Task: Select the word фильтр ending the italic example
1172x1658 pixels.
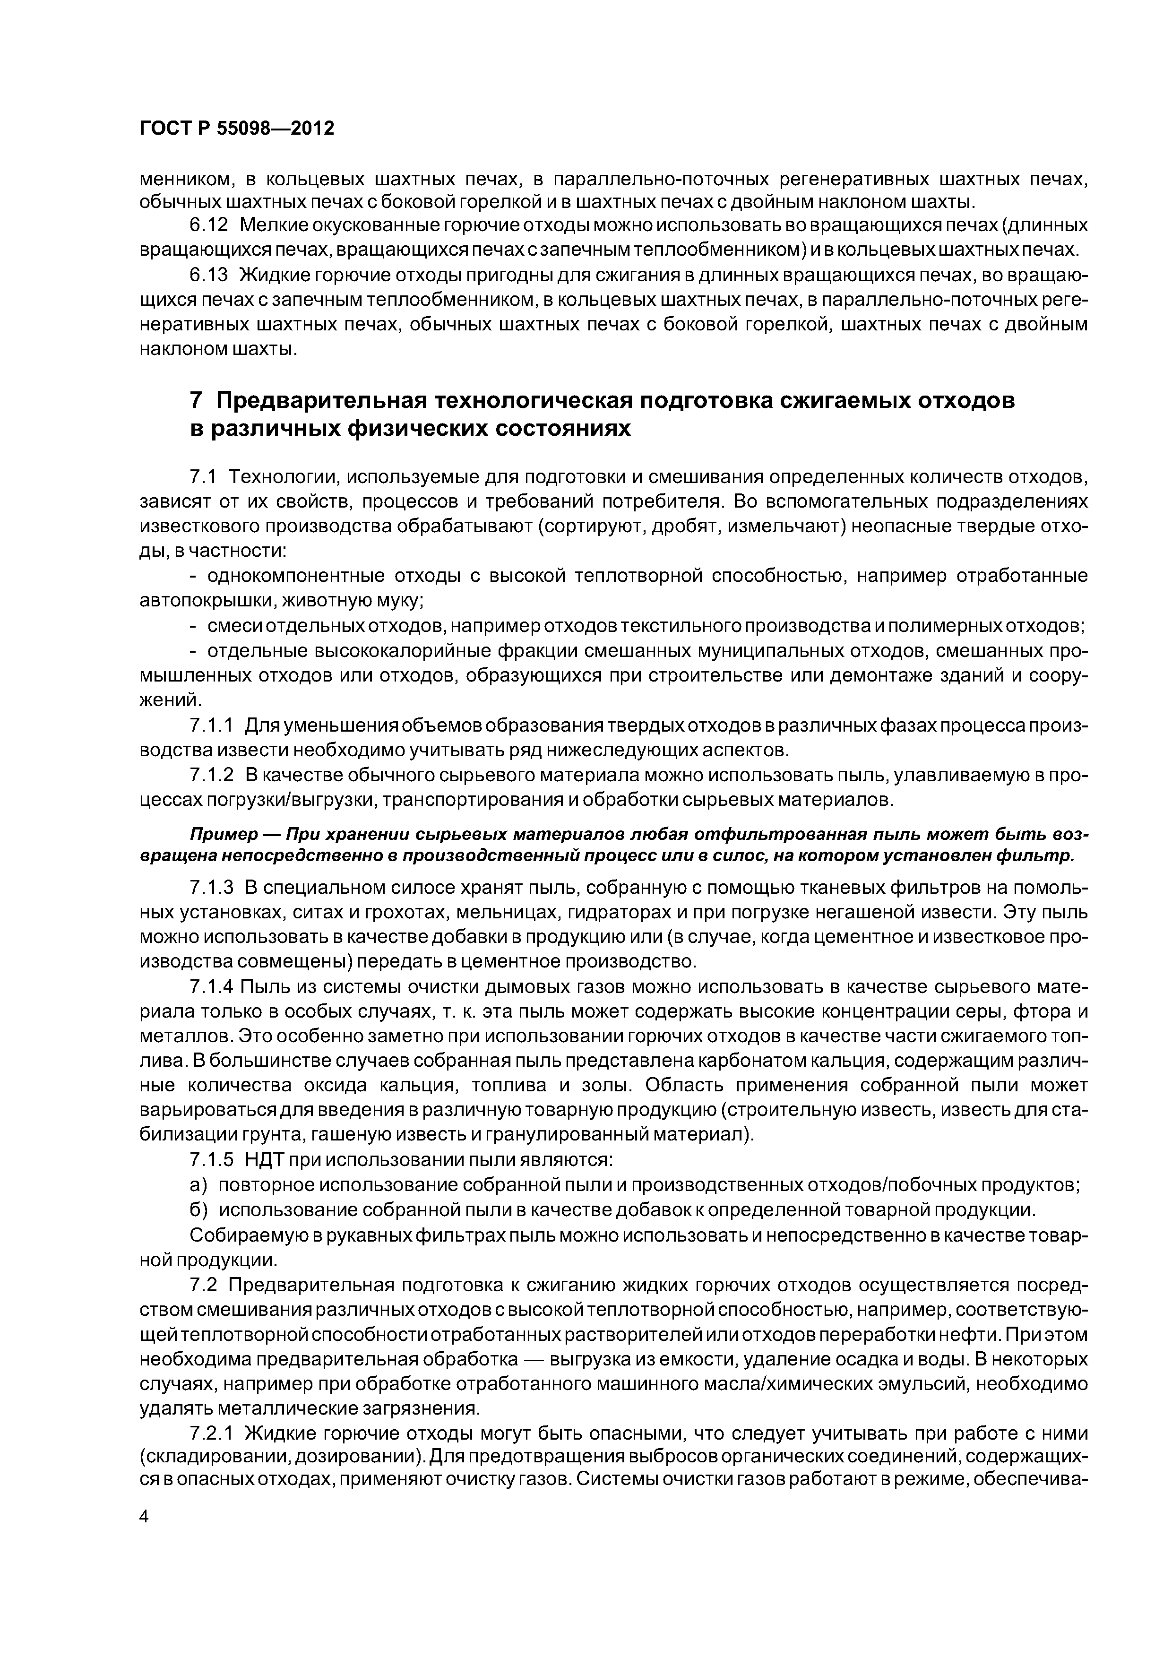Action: click(1043, 856)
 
